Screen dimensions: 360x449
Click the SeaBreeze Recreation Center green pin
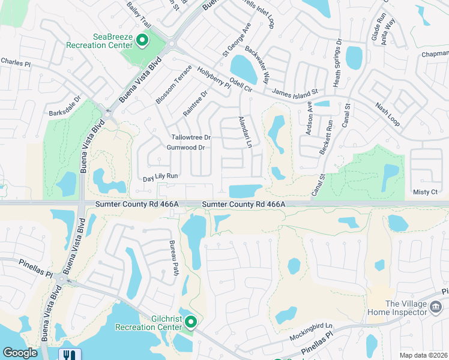pos(142,41)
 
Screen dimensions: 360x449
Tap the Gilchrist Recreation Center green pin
pos(191,322)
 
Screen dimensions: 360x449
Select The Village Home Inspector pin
pos(436,306)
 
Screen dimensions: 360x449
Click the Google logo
pos(20,353)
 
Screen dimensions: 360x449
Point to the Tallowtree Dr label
pos(191,137)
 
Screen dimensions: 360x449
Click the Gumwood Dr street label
pos(186,148)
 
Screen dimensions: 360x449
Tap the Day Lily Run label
pos(161,176)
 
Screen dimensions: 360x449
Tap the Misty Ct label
pos(426,191)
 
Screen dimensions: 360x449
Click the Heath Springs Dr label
pos(339,64)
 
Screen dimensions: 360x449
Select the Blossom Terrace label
pos(173,85)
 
